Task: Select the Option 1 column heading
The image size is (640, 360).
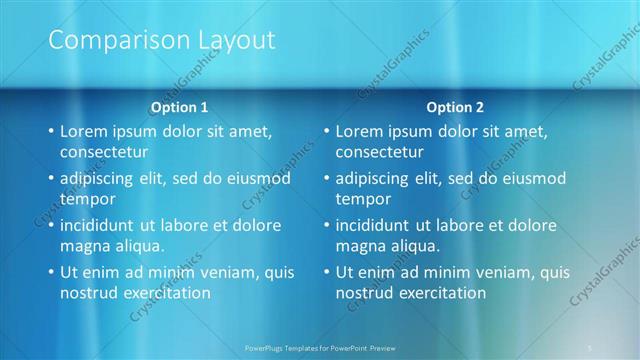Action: coord(180,106)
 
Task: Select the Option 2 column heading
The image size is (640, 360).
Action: coord(455,106)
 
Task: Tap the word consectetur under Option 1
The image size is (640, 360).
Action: coord(104,153)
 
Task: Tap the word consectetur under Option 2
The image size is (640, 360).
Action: coord(379,153)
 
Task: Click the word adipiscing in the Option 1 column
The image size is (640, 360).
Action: coord(101,178)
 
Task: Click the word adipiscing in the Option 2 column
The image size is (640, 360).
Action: coord(376,178)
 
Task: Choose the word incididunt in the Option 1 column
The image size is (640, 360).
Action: coord(102,225)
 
